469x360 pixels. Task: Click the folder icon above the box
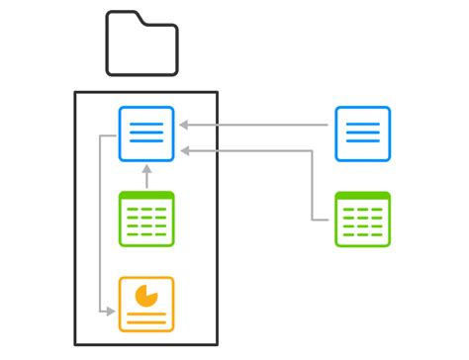(x=141, y=45)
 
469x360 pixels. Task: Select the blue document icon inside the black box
(x=146, y=134)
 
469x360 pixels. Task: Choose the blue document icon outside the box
(x=362, y=134)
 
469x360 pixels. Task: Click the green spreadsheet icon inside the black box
(x=146, y=218)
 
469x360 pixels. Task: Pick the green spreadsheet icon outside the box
(x=362, y=218)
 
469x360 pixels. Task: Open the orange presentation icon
(x=146, y=304)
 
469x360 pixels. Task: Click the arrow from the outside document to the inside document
(x=257, y=125)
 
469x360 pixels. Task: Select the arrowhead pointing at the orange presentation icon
(x=110, y=313)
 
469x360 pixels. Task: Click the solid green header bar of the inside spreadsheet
(x=146, y=196)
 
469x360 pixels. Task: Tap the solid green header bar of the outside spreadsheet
(x=362, y=196)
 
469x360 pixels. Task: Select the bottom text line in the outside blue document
(x=362, y=142)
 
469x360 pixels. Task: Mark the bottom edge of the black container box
(x=145, y=343)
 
